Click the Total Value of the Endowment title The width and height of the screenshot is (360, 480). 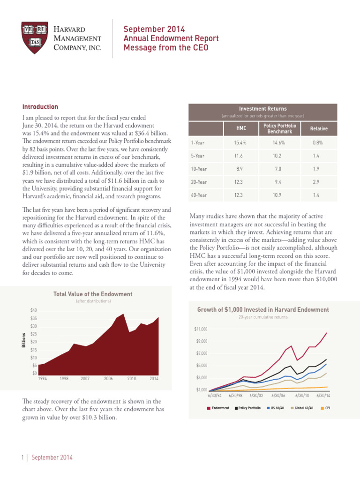coord(93,294)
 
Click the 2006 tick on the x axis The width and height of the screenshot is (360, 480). coord(108,378)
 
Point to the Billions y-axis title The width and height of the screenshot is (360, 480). coord(24,340)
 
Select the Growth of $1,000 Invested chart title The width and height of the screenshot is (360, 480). coord(263,310)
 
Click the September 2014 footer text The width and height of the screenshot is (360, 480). coord(52,457)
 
